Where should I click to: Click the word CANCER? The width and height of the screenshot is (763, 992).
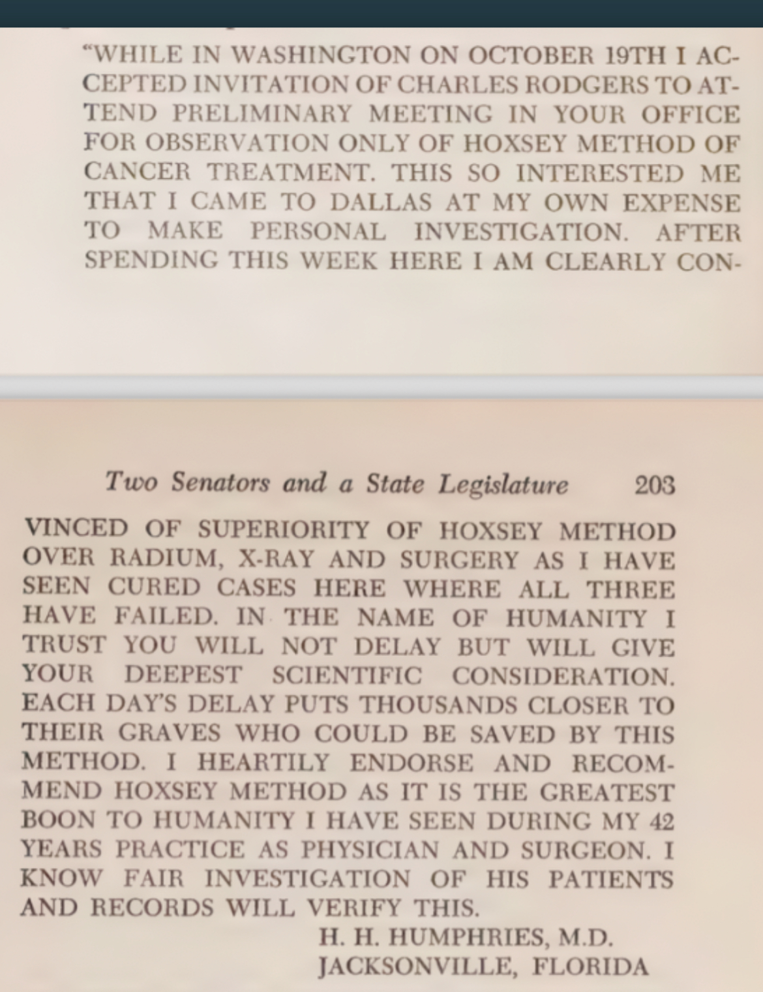[137, 172]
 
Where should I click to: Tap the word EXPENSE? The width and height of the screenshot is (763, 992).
[681, 202]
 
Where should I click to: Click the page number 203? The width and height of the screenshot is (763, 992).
[654, 485]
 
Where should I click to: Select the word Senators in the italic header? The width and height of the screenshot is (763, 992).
[220, 483]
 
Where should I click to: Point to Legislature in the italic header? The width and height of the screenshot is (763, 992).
[503, 485]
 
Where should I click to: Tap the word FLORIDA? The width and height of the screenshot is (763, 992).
[591, 967]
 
